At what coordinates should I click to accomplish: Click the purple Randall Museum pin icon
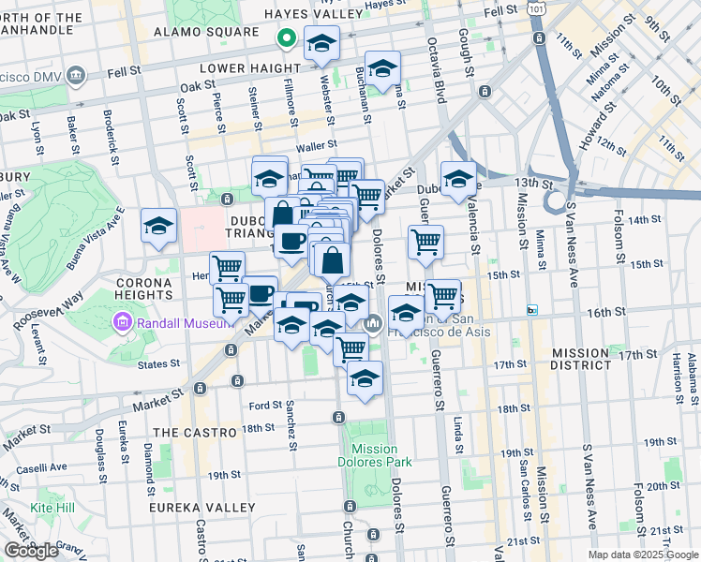coord(121,324)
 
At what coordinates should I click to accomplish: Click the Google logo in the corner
coord(31,551)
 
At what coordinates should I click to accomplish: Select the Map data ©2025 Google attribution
coord(643,555)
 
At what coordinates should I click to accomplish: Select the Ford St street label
coord(265,406)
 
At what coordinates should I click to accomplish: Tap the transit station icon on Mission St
coord(532,310)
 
